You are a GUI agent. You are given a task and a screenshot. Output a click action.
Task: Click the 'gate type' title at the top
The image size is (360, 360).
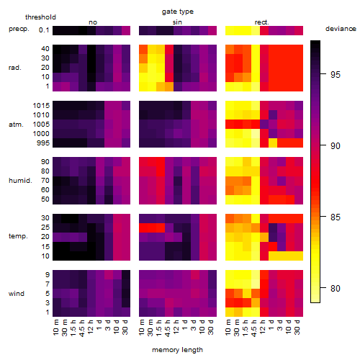click(178, 12)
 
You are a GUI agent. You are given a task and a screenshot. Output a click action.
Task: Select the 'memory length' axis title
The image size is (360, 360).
click(177, 350)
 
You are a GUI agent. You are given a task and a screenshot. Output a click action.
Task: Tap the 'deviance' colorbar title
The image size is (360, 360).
click(341, 29)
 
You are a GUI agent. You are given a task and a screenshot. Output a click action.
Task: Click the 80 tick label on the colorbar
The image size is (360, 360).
click(336, 288)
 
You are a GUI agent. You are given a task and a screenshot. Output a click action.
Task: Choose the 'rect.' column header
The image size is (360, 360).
click(262, 22)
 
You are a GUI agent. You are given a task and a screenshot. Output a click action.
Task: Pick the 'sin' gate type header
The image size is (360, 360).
click(177, 22)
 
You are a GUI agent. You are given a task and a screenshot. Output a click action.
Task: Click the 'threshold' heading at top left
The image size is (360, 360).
click(40, 17)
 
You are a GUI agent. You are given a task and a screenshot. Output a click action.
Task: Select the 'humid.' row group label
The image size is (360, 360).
click(20, 181)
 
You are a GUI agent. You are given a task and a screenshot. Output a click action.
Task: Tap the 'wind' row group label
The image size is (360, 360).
click(17, 294)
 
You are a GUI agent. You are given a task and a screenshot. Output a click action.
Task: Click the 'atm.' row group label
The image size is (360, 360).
click(16, 125)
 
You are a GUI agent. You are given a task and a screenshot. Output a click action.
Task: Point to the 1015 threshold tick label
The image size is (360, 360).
click(41, 106)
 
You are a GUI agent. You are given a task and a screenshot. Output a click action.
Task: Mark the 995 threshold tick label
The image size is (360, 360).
click(43, 143)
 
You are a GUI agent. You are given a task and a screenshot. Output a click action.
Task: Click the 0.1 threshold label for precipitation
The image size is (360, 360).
click(44, 30)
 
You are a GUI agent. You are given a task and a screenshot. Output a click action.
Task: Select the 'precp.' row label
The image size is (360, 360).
click(19, 29)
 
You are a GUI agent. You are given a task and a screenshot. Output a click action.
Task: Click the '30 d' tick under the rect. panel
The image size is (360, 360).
click(298, 327)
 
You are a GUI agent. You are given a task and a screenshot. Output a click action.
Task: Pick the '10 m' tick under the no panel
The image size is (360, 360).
click(57, 328)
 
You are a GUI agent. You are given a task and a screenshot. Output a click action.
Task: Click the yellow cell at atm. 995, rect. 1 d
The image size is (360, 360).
click(273, 143)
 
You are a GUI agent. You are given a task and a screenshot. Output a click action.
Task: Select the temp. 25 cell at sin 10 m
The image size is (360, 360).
click(143, 228)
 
